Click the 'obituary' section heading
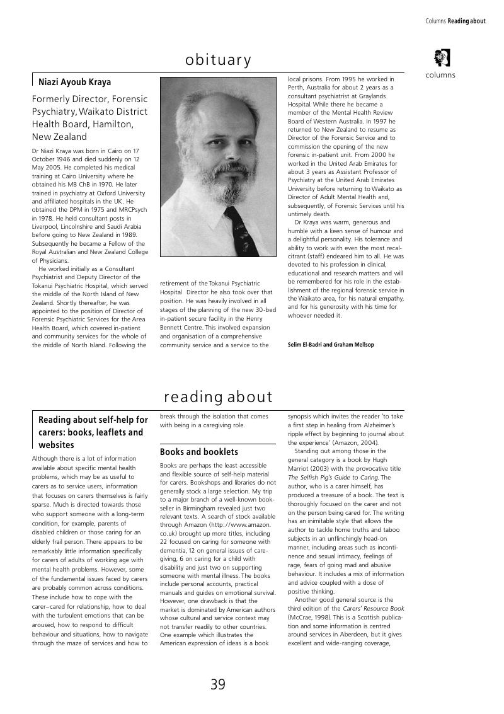(218, 60)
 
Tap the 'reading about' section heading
(218, 397)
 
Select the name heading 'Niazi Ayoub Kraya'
(74, 82)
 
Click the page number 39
(218, 684)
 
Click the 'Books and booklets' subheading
(198, 452)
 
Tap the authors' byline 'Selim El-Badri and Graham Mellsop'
(331, 345)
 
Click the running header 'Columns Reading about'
(455, 21)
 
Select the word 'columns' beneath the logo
(440, 75)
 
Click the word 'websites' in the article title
(56, 445)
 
